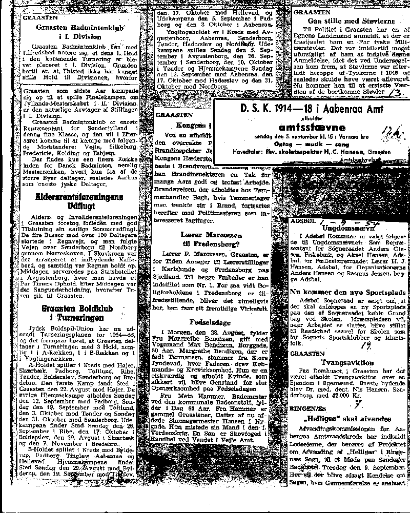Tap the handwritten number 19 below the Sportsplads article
click(x=367, y=345)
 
